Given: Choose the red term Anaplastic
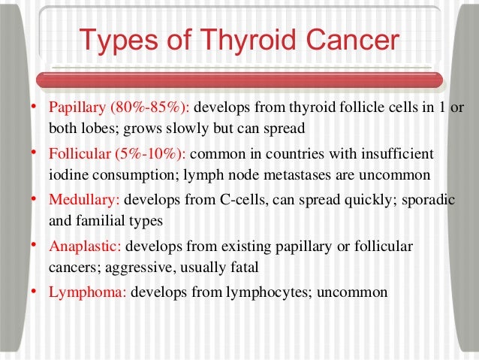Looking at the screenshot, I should [x=84, y=247].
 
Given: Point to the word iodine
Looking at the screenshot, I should [x=68, y=176].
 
